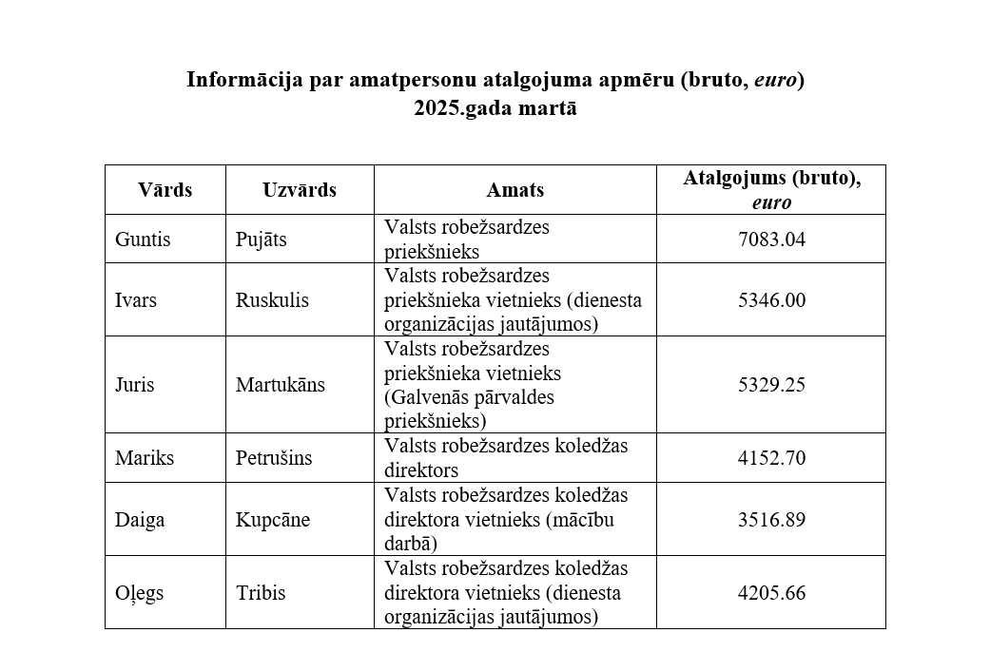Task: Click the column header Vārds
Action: tap(165, 190)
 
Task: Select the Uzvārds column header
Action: tap(299, 190)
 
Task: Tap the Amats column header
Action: tap(514, 190)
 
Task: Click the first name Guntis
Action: tap(143, 240)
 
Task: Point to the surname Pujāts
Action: tap(261, 240)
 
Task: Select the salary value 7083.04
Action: tap(770, 240)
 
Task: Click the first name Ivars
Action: tap(136, 300)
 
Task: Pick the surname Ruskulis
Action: tap(272, 300)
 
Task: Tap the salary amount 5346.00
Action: tap(770, 300)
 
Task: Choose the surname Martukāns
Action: tap(280, 386)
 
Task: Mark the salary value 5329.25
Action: tap(770, 386)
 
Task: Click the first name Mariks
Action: tap(145, 458)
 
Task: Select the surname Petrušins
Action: tap(274, 458)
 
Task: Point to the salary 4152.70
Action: tap(770, 458)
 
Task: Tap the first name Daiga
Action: tap(140, 520)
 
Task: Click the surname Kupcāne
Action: tap(272, 520)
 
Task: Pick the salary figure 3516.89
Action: tap(770, 520)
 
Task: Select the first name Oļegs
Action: tap(139, 593)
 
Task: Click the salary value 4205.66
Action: tap(770, 593)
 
